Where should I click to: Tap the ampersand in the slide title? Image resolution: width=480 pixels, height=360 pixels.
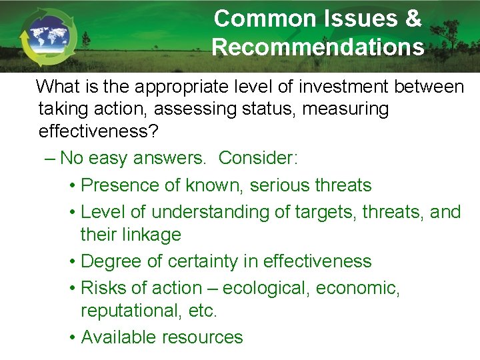point(413,19)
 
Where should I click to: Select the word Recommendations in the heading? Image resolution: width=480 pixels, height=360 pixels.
point(318,47)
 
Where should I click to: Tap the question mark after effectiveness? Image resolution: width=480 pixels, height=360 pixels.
point(153,131)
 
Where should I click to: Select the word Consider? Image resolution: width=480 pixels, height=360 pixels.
point(255,158)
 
